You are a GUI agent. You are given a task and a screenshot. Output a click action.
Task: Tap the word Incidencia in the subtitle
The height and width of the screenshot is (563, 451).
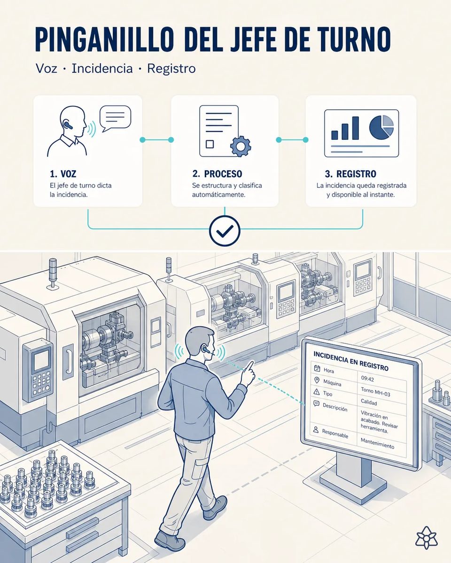pos(102,68)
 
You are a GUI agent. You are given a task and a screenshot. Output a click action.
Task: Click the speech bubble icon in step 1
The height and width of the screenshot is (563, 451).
pos(115,119)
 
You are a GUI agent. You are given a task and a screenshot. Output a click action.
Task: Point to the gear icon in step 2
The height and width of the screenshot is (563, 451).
pos(241,146)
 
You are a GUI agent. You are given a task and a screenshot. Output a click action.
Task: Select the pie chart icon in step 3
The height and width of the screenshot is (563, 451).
pos(381,127)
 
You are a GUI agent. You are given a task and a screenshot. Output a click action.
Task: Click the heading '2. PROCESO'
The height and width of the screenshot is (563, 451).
pos(217,174)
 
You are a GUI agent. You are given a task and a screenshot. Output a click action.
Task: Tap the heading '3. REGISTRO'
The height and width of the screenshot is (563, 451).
pos(350,174)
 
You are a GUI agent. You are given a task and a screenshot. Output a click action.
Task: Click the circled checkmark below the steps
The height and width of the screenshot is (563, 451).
pos(225,230)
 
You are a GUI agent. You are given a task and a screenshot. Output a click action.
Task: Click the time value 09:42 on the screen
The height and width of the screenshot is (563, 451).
pos(367,379)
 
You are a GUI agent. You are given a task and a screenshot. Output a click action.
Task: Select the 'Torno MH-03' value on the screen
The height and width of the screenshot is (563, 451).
pos(375,392)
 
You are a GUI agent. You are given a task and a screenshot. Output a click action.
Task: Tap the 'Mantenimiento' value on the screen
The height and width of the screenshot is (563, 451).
pos(377,443)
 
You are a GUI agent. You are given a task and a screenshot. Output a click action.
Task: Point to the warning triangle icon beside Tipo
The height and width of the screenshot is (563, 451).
pos(317,392)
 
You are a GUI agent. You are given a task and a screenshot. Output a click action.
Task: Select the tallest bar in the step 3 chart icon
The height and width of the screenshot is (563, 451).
pos(355,128)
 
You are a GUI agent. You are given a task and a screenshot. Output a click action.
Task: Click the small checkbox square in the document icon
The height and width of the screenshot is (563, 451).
pos(210,144)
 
